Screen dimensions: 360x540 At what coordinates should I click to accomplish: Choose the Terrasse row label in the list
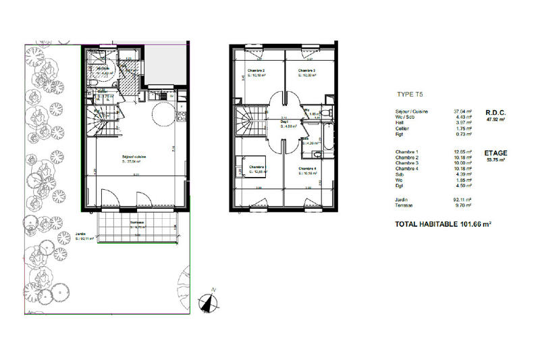point(404,205)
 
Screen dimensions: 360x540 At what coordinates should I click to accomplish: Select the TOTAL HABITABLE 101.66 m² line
point(443,224)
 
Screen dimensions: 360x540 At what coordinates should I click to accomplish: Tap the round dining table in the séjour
point(163,115)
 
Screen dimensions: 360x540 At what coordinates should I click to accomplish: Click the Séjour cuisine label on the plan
point(134,157)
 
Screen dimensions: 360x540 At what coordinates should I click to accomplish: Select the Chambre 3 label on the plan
point(308,71)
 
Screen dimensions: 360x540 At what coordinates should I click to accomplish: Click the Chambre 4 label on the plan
point(308,169)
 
